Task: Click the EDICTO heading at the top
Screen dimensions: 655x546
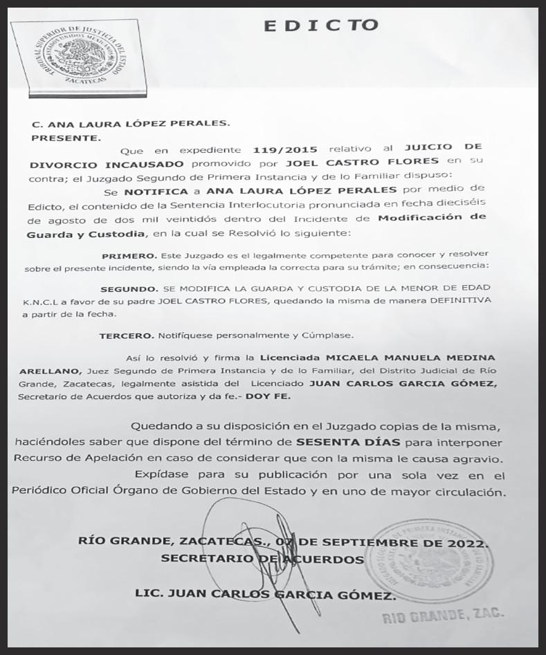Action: [x=322, y=26]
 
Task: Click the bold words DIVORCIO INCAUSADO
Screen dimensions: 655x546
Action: [x=107, y=164]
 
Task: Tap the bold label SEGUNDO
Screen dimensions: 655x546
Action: [x=126, y=288]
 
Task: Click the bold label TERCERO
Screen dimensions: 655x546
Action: [x=125, y=335]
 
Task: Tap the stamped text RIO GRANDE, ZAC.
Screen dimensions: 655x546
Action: [x=444, y=615]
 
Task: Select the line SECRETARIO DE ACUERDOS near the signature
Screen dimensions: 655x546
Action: [x=262, y=559]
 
